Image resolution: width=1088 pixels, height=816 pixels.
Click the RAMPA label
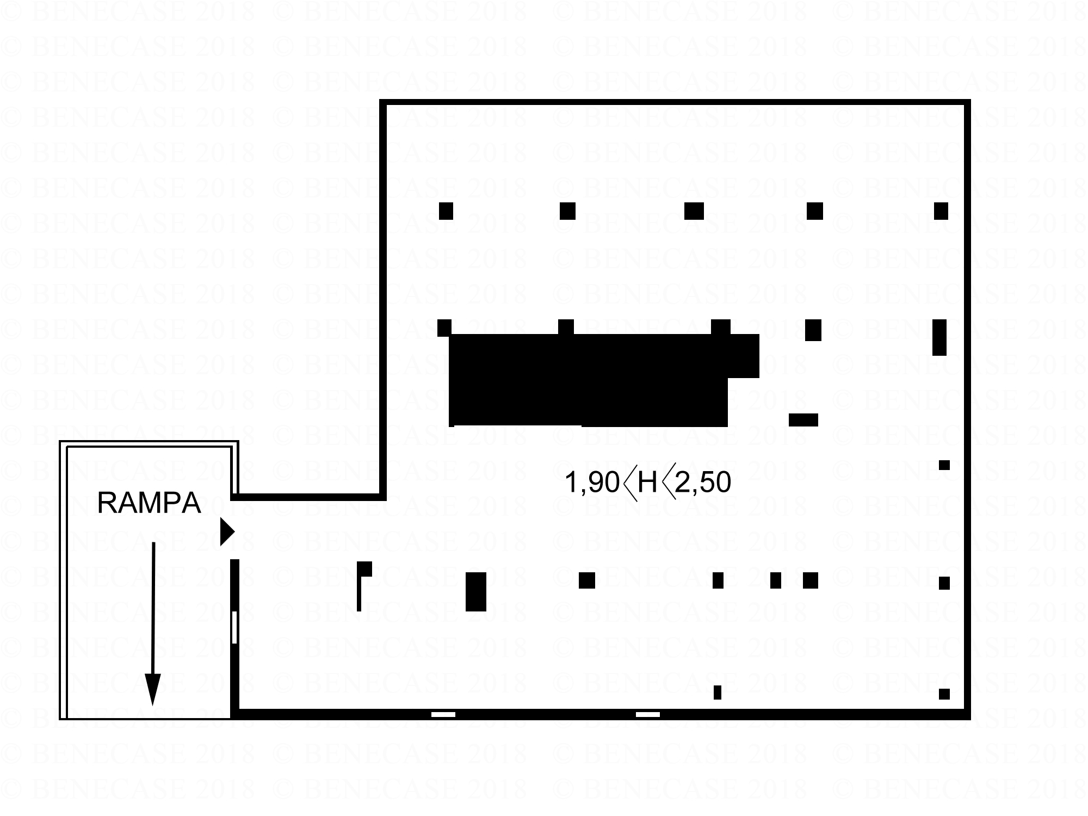[x=149, y=503]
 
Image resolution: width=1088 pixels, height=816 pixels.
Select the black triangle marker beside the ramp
[x=226, y=531]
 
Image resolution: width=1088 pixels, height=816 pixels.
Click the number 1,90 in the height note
[x=592, y=483]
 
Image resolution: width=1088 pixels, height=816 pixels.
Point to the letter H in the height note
[x=647, y=483]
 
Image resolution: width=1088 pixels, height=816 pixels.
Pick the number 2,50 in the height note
[x=703, y=483]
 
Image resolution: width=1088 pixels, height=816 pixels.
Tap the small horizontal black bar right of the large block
[x=803, y=419]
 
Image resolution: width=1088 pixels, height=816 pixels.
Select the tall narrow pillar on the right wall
[x=939, y=337]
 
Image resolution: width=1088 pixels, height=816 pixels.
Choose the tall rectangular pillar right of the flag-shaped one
[x=475, y=591]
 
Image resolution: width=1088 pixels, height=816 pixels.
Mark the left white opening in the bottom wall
[x=443, y=714]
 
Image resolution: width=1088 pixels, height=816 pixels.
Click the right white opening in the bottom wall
[x=647, y=714]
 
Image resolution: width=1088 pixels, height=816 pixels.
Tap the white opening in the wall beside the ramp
[x=234, y=627]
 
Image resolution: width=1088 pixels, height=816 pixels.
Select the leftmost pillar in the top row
[x=446, y=211]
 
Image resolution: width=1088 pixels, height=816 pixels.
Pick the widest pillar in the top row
[x=694, y=211]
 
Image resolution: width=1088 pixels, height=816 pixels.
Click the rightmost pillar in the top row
[x=941, y=211]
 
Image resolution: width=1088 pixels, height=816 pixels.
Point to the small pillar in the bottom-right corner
[x=944, y=694]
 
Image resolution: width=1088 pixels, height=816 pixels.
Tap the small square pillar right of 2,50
[x=944, y=465]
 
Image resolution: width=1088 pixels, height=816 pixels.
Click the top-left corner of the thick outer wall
[x=383, y=103]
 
